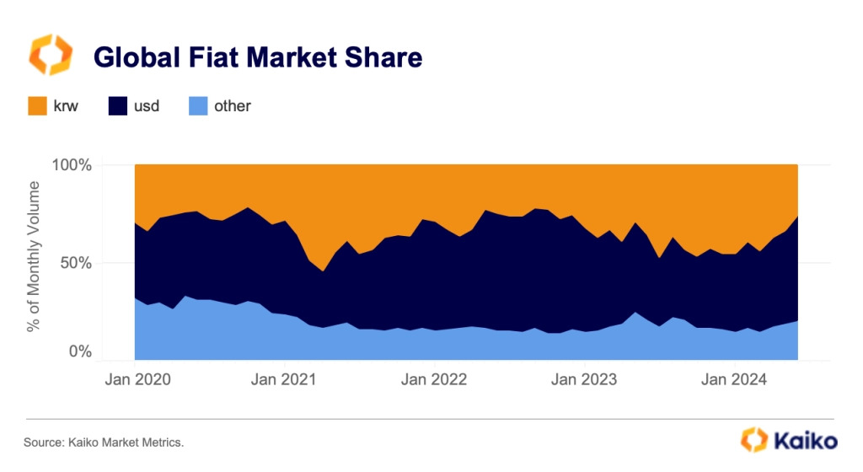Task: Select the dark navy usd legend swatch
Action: click(119, 106)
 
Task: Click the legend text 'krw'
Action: click(67, 106)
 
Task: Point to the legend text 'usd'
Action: click(147, 106)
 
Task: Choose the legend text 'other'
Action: click(233, 106)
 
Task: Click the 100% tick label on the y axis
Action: click(72, 164)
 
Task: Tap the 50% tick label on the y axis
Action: click(76, 262)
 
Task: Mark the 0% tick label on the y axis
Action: click(80, 351)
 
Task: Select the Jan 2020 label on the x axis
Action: click(137, 379)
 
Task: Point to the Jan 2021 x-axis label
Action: click(285, 379)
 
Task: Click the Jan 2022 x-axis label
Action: click(434, 379)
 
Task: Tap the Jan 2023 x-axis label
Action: click(583, 379)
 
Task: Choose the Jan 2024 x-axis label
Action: click(733, 379)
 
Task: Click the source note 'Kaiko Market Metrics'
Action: click(103, 442)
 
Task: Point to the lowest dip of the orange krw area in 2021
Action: click(323, 270)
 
